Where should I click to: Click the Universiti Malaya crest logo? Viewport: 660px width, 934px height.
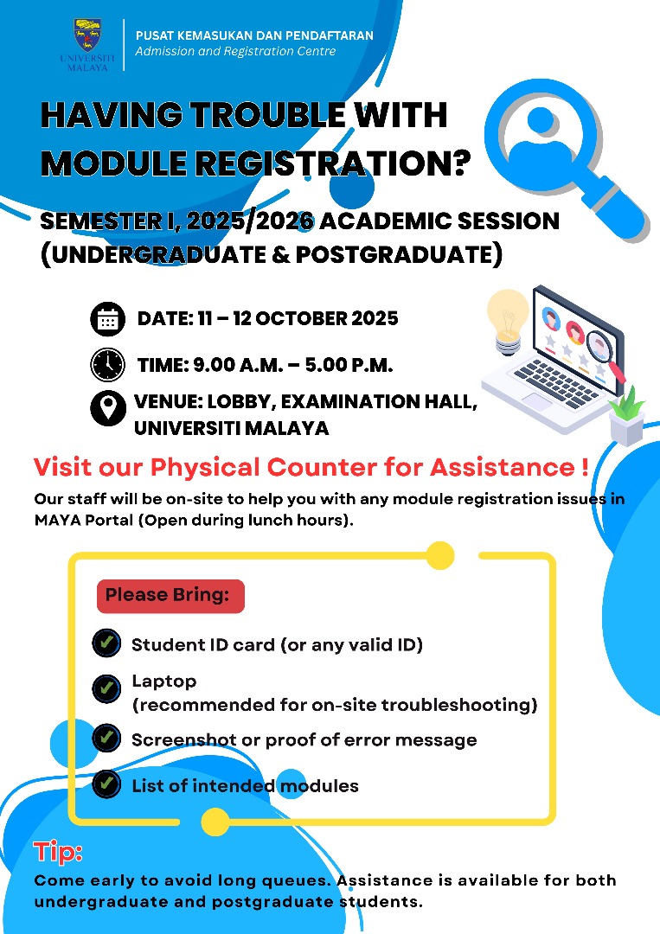point(87,35)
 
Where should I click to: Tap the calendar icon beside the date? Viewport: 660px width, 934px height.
point(108,319)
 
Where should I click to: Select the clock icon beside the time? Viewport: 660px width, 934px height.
point(108,365)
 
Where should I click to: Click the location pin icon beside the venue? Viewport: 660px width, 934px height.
point(108,408)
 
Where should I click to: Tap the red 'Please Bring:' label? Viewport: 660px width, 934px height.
point(170,596)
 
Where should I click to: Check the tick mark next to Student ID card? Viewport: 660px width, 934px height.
point(106,643)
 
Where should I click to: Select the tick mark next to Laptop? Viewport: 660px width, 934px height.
point(106,689)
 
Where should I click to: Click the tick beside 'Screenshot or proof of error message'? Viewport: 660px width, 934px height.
point(106,738)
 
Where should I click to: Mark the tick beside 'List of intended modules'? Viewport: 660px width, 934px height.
point(106,784)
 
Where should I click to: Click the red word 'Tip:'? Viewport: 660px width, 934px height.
point(58,852)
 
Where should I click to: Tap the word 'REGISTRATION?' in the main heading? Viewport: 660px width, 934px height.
point(334,163)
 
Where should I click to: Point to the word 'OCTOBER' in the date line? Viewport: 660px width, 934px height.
point(301,318)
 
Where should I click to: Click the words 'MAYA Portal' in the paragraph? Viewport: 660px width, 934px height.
point(84,520)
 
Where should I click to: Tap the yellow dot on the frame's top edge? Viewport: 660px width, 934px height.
point(440,556)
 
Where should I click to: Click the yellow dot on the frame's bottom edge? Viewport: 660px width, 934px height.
point(215,822)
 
